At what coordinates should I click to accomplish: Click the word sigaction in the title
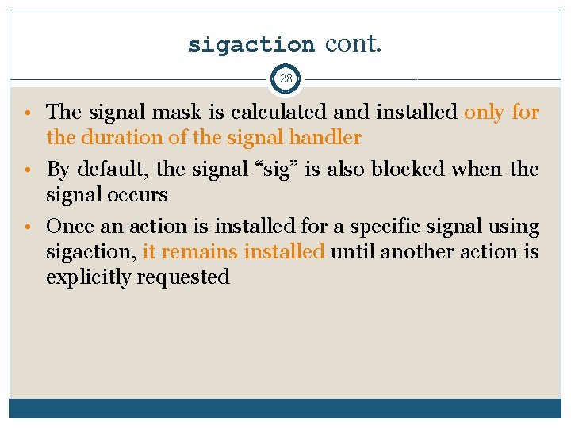pyautogui.click(x=251, y=44)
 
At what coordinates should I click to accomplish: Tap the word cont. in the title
pyautogui.click(x=353, y=44)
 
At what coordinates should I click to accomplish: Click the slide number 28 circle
pyautogui.click(x=285, y=78)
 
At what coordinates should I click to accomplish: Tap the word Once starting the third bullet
pyautogui.click(x=71, y=227)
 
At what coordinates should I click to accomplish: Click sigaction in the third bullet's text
pyautogui.click(x=90, y=252)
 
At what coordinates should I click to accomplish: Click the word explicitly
pyautogui.click(x=89, y=277)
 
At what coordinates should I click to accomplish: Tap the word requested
pyautogui.click(x=183, y=277)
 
